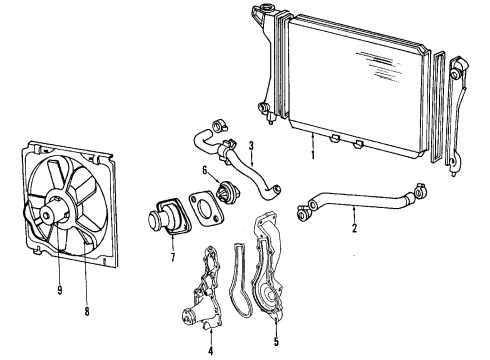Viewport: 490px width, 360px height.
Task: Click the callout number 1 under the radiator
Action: [x=313, y=158]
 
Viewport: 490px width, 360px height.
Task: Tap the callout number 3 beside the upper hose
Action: [x=252, y=145]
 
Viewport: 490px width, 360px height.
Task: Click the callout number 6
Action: [x=205, y=171]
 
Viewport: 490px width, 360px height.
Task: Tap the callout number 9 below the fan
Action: [x=59, y=293]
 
